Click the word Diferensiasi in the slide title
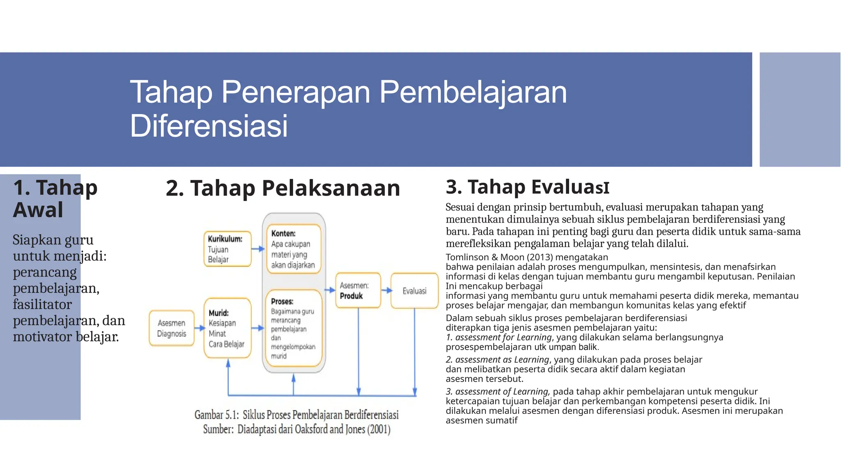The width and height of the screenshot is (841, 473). point(209,126)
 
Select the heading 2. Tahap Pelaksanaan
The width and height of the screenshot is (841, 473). point(283,188)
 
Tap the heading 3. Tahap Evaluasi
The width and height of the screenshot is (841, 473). point(527,187)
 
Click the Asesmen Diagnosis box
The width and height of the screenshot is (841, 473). point(172,328)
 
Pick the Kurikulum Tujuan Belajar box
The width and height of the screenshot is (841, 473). point(227,249)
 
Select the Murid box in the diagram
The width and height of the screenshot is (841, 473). point(227,328)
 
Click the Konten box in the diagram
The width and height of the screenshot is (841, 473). point(293,249)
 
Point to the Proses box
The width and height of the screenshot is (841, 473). point(293,328)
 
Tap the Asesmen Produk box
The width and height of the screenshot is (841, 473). point(358,290)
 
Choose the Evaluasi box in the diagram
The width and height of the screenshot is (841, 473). point(414,291)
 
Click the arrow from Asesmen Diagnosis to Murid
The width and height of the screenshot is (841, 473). point(200,328)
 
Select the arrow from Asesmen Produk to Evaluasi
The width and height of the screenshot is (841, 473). point(386,290)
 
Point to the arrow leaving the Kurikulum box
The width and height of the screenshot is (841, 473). point(258,249)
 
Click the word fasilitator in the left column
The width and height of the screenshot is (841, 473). point(42,304)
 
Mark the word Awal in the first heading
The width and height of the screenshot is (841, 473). point(38,210)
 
